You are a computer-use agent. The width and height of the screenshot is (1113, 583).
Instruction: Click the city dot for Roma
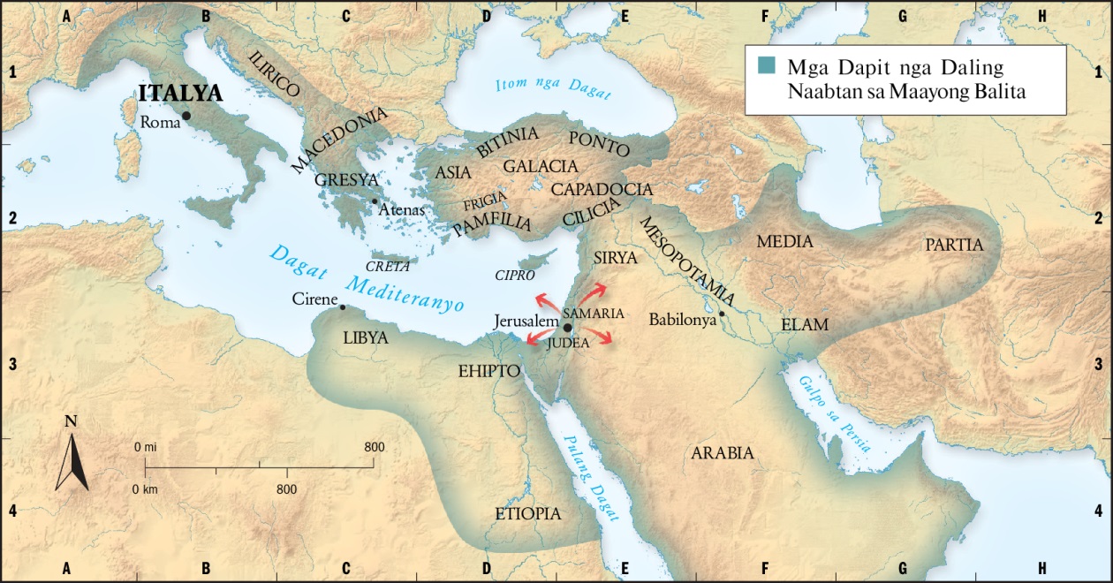coord(186,115)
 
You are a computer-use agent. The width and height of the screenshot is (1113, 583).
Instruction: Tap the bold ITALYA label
coord(179,94)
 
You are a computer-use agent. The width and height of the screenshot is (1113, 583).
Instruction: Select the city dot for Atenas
coord(375,201)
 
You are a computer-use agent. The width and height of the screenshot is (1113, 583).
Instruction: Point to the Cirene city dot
coord(343,307)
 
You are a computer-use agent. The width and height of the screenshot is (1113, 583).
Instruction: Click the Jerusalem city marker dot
coord(567,326)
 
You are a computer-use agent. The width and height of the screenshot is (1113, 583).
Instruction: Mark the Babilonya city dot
coord(722,314)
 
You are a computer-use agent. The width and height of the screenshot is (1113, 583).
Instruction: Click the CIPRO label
coord(515,275)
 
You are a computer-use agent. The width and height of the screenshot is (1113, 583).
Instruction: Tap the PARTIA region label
coord(954,245)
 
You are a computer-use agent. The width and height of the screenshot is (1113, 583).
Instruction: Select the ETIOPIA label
coord(527,513)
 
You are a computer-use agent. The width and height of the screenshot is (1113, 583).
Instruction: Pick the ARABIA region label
coord(723,453)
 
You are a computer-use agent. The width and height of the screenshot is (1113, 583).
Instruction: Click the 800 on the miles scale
coord(374,447)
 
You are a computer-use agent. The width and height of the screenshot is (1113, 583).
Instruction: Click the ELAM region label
coord(805,324)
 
